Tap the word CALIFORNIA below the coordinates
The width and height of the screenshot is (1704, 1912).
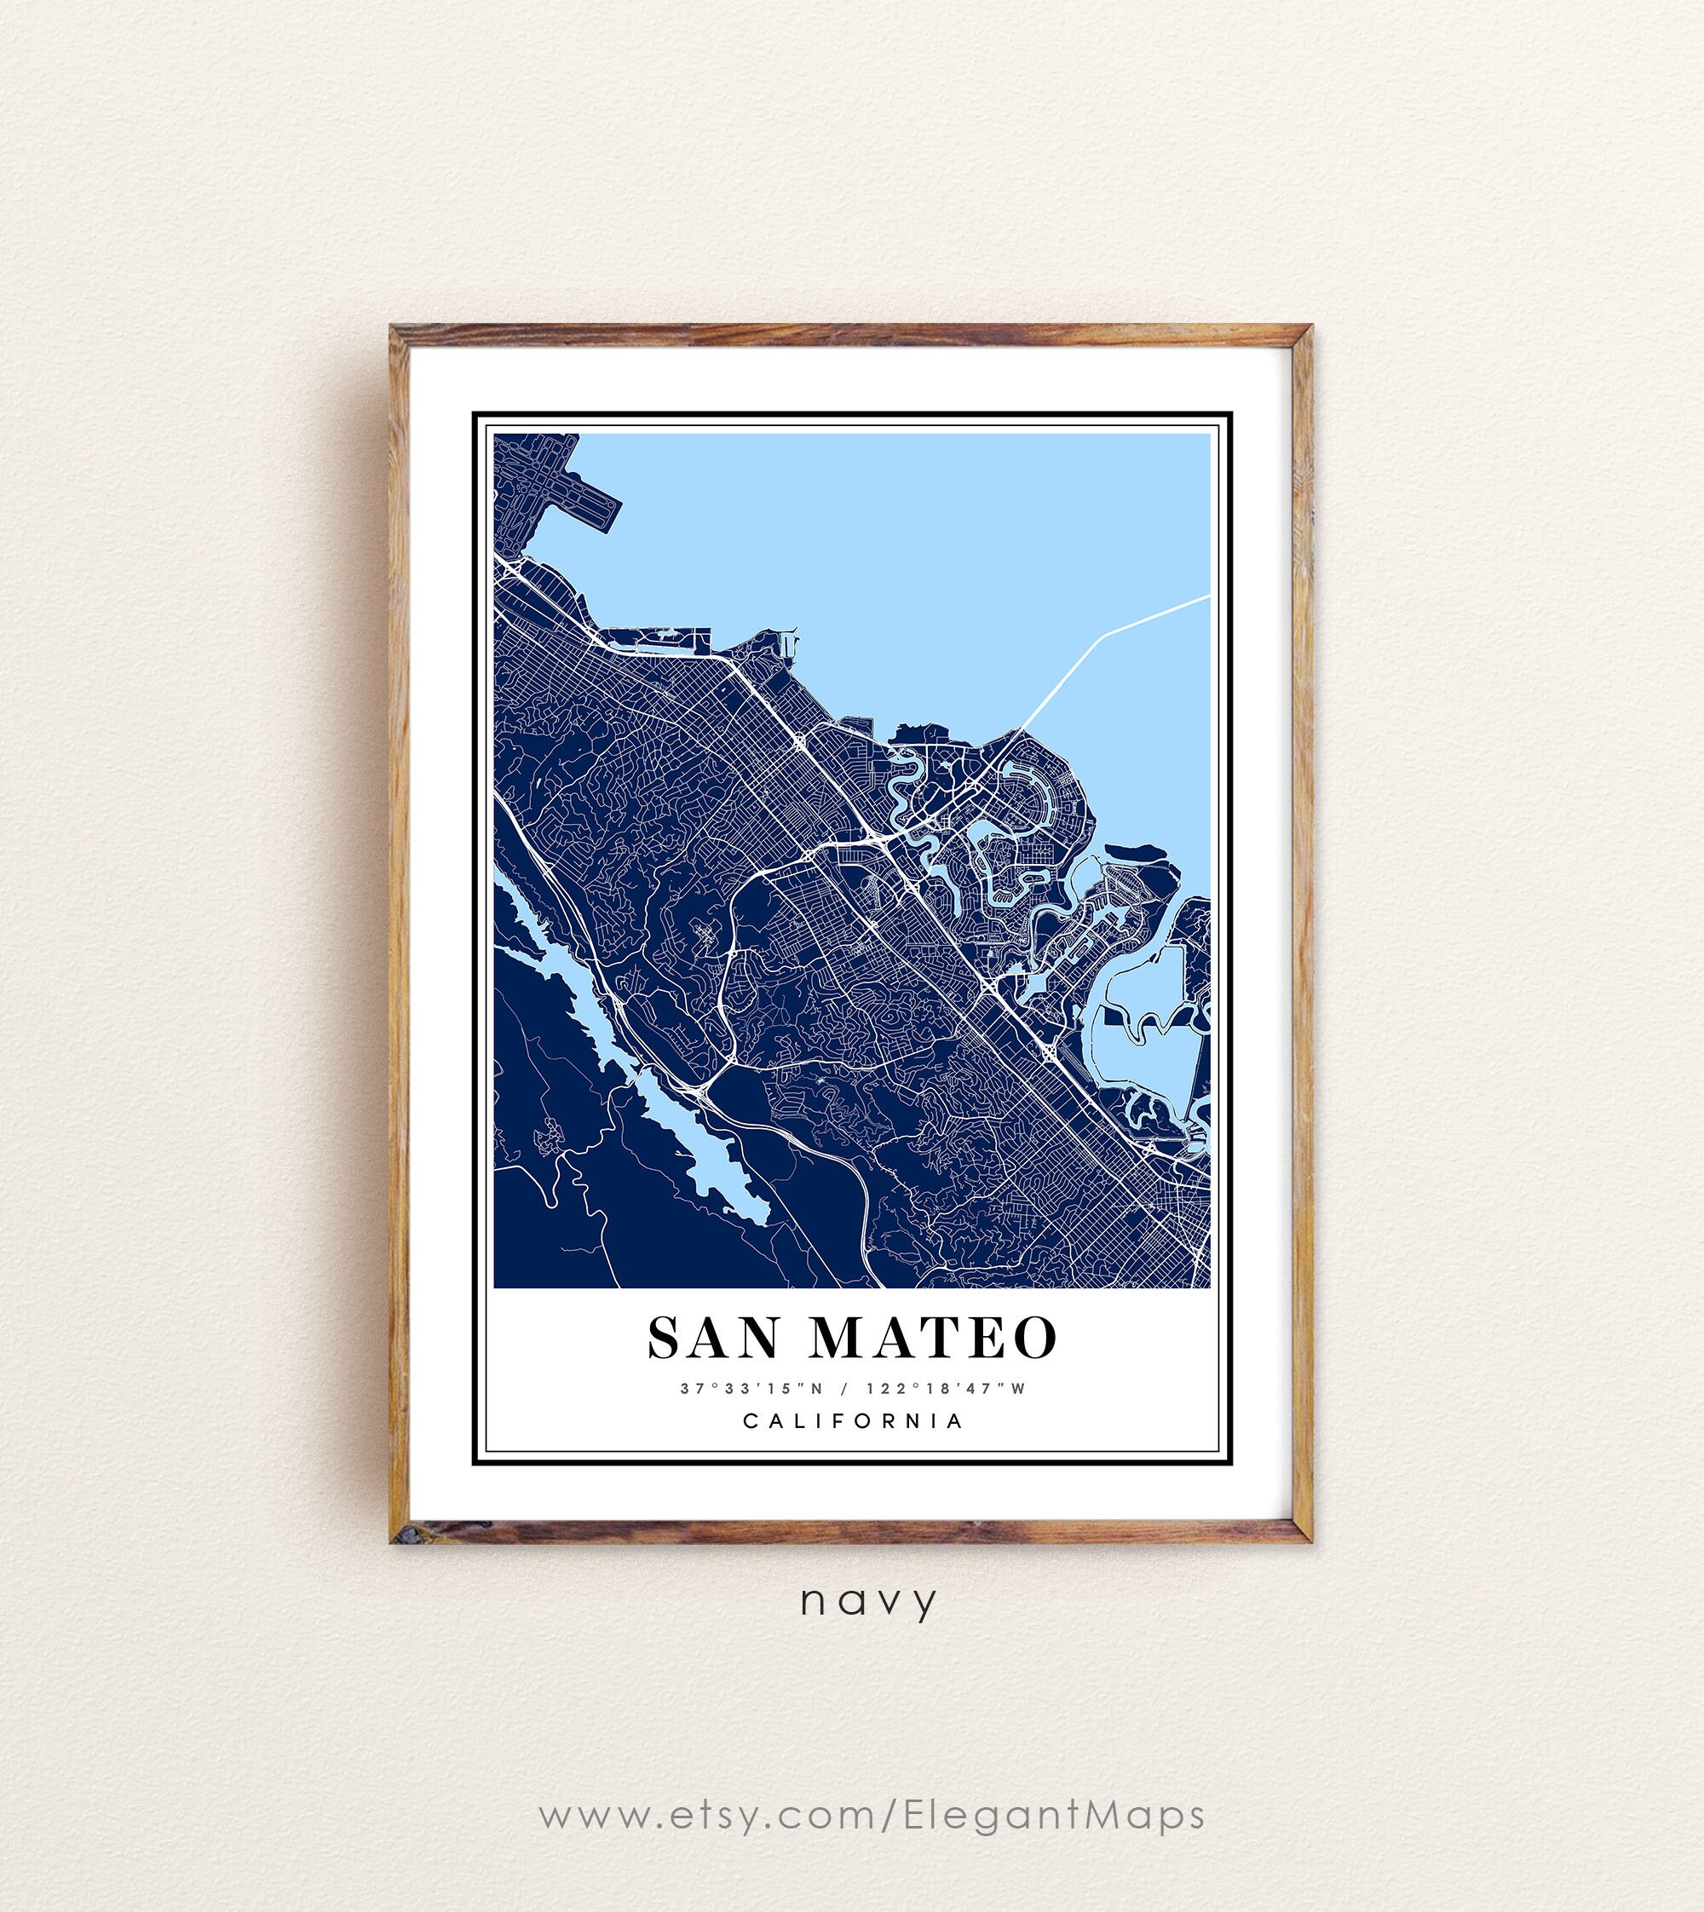pyautogui.click(x=853, y=1420)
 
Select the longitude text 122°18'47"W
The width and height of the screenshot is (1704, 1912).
pyautogui.click(x=947, y=1388)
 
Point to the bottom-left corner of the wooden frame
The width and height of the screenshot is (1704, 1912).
pyautogui.click(x=394, y=1541)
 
